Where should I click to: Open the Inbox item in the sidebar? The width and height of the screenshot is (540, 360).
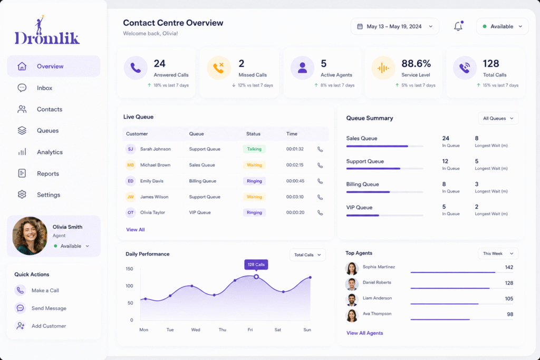[x=44, y=88]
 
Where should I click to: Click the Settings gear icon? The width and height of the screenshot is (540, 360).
[x=22, y=194]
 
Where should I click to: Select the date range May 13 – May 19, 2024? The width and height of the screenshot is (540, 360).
[x=394, y=26]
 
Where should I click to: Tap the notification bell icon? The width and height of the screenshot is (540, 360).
[x=458, y=26]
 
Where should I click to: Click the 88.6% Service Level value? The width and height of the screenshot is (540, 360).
[x=416, y=63]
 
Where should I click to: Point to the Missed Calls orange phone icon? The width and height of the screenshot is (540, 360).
[x=218, y=67]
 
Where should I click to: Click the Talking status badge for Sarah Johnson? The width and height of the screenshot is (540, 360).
[x=254, y=149]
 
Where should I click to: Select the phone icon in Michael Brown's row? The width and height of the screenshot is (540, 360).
[x=320, y=165]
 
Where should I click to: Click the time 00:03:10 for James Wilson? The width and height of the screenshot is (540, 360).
[x=295, y=197]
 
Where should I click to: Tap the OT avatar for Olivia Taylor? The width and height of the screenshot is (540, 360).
[x=131, y=213]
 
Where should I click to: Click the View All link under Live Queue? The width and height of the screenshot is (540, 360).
[x=136, y=230]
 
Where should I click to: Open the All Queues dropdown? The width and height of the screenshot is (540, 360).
[x=498, y=119]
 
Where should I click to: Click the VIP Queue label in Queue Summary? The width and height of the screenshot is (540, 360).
[x=359, y=208]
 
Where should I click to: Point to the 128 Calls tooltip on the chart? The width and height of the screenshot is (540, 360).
[x=256, y=265]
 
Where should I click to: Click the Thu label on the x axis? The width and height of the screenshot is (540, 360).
[x=223, y=330]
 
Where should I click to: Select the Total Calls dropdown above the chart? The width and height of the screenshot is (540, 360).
[x=307, y=255]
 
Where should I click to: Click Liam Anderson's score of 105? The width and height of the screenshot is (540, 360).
[x=509, y=298]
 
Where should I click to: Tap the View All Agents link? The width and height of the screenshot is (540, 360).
[x=365, y=333]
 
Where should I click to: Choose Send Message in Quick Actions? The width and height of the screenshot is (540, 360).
[x=49, y=308]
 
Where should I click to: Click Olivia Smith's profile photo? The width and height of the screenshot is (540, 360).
[x=30, y=236]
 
